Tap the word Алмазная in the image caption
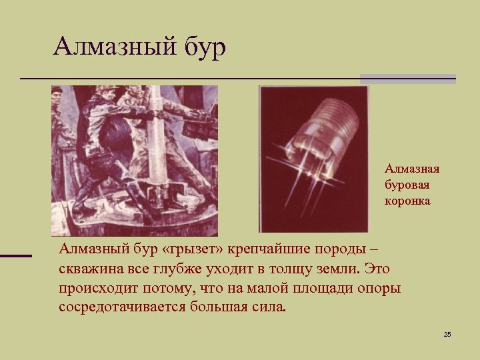(x=411, y=169)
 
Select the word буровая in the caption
(x=406, y=184)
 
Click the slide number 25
(x=447, y=333)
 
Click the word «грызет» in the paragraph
(x=193, y=249)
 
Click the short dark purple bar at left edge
(x=16, y=255)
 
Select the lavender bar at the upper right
(x=408, y=79)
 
